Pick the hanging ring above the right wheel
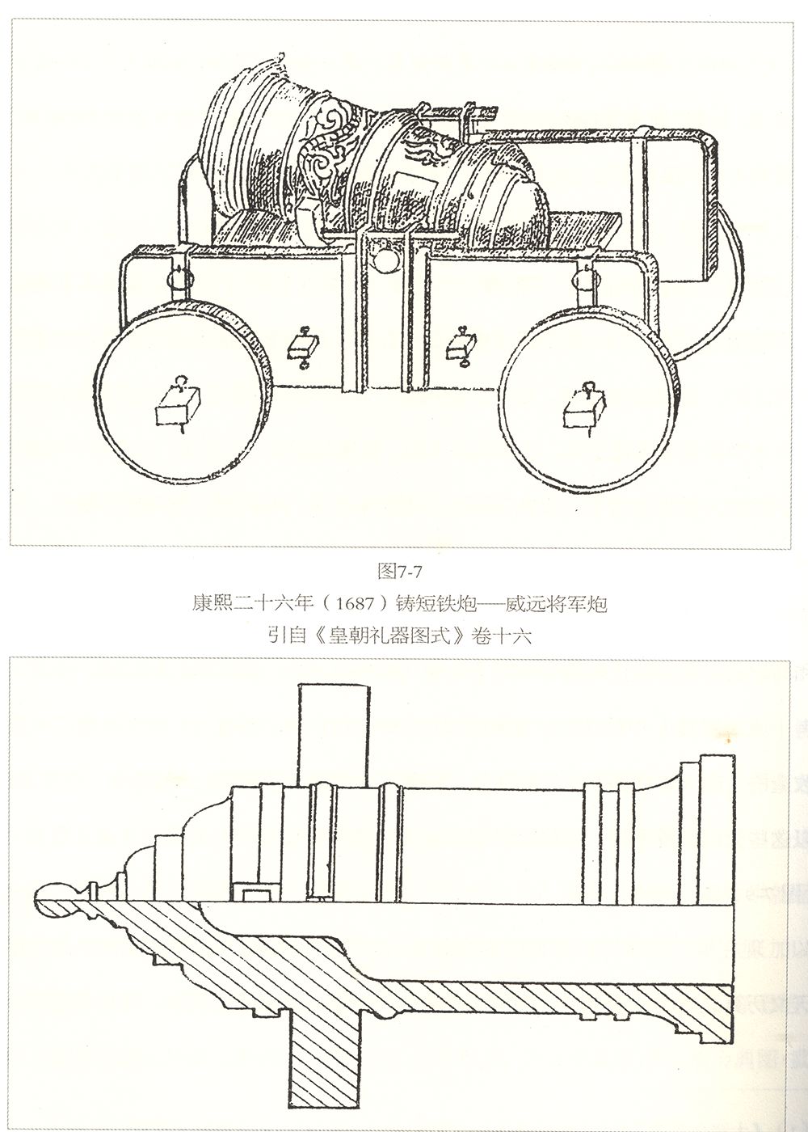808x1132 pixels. [583, 279]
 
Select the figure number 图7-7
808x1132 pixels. [401, 571]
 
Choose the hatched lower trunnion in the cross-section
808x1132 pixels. [327, 1051]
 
